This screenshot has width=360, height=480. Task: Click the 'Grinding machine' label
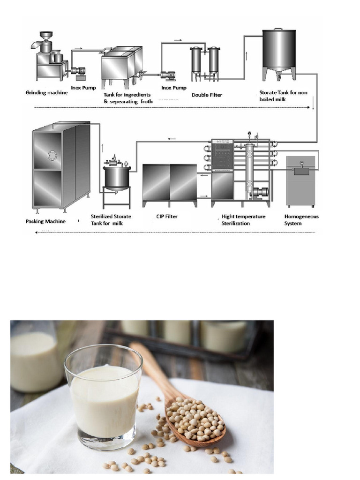[x=46, y=92]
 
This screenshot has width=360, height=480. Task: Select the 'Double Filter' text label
[x=207, y=95]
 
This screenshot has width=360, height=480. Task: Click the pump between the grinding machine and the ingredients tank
[x=78, y=71]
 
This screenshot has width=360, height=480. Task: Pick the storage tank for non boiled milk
[x=279, y=49]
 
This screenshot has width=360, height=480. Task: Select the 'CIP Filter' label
[x=166, y=217]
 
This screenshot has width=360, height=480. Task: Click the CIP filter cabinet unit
[x=169, y=184]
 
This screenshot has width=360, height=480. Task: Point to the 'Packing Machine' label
[x=45, y=221]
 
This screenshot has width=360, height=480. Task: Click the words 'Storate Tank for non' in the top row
[x=283, y=93]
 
